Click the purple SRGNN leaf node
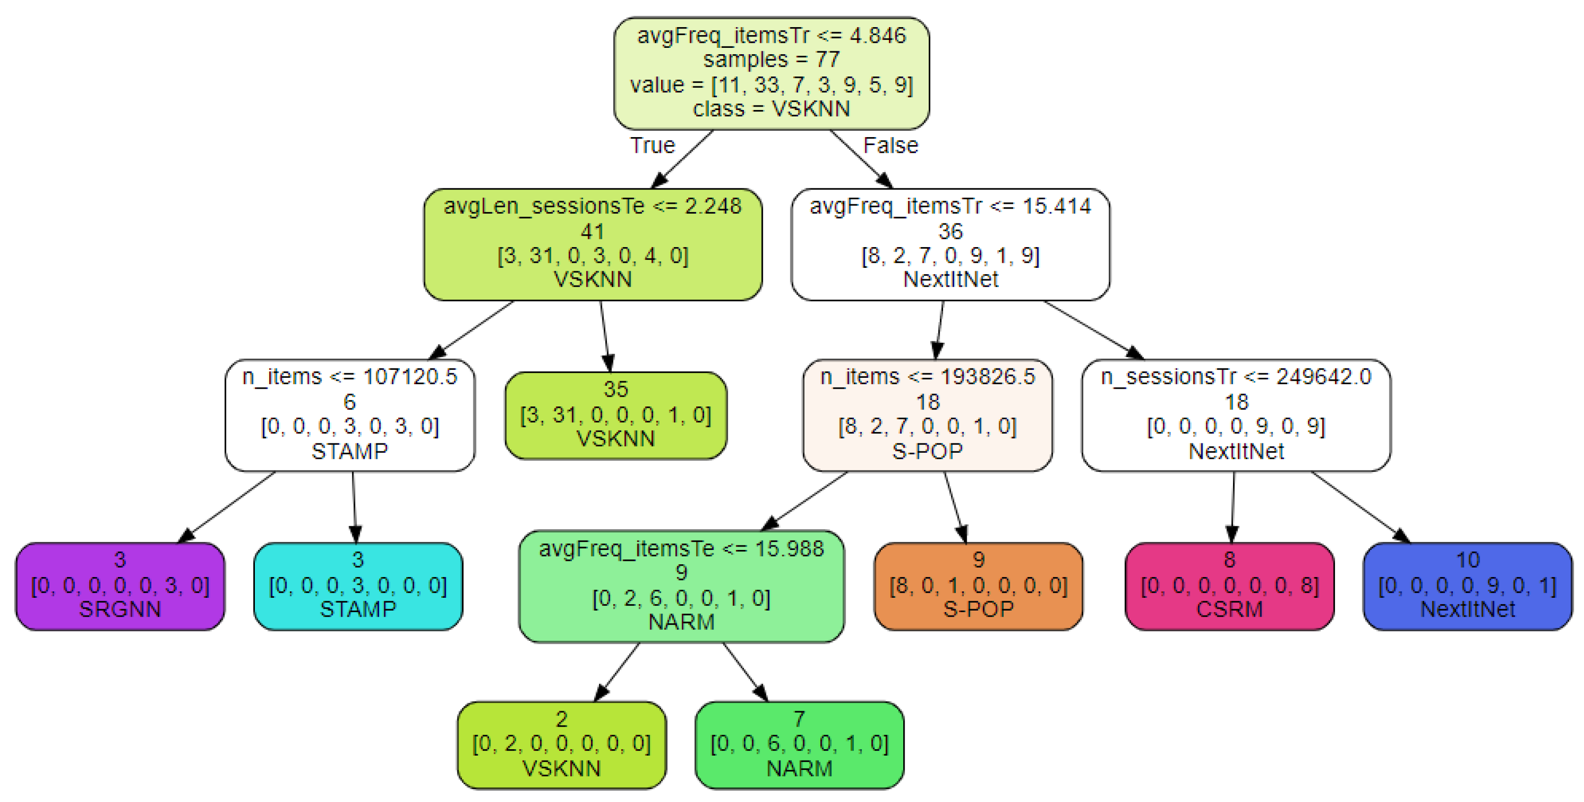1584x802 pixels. coord(120,585)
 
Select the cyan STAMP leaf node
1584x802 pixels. coord(358,585)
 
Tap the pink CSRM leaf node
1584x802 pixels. coord(1229,585)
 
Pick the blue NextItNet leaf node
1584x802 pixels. coord(1467,585)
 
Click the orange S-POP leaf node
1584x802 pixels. coord(978,585)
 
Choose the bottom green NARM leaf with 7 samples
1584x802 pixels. coord(799,744)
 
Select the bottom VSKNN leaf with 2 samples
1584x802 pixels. coord(562,744)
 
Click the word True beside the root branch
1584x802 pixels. coord(652,146)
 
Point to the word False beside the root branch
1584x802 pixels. coord(890,146)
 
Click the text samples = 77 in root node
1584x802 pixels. coord(771,60)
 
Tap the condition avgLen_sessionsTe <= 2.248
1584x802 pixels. coord(593,206)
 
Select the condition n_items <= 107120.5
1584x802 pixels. coord(350,376)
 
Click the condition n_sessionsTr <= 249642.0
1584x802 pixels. coord(1236,376)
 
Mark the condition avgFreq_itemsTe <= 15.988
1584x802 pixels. coord(681,548)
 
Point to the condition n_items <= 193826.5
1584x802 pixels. coord(927,376)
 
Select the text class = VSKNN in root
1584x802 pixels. coord(771,109)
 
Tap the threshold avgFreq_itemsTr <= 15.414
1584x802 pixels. coord(950,206)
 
